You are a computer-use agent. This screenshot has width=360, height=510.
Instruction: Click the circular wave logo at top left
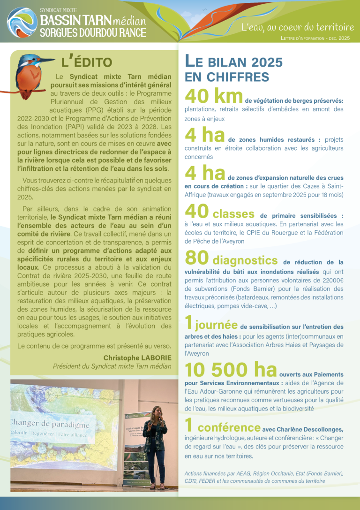(22, 23)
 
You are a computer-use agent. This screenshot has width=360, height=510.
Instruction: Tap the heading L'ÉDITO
(87, 62)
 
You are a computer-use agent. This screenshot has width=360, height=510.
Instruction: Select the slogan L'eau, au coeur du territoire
(297, 27)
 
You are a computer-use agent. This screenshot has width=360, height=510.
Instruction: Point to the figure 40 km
(213, 96)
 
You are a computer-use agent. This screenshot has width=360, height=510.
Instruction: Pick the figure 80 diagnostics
(231, 259)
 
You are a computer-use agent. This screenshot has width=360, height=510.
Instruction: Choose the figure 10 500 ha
(231, 370)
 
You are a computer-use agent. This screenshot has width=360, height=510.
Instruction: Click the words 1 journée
(211, 324)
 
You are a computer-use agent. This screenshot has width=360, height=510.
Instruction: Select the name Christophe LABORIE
(137, 358)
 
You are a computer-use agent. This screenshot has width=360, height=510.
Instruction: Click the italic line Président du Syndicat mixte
(112, 366)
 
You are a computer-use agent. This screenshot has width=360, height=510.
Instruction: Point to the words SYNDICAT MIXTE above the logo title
(59, 9)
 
